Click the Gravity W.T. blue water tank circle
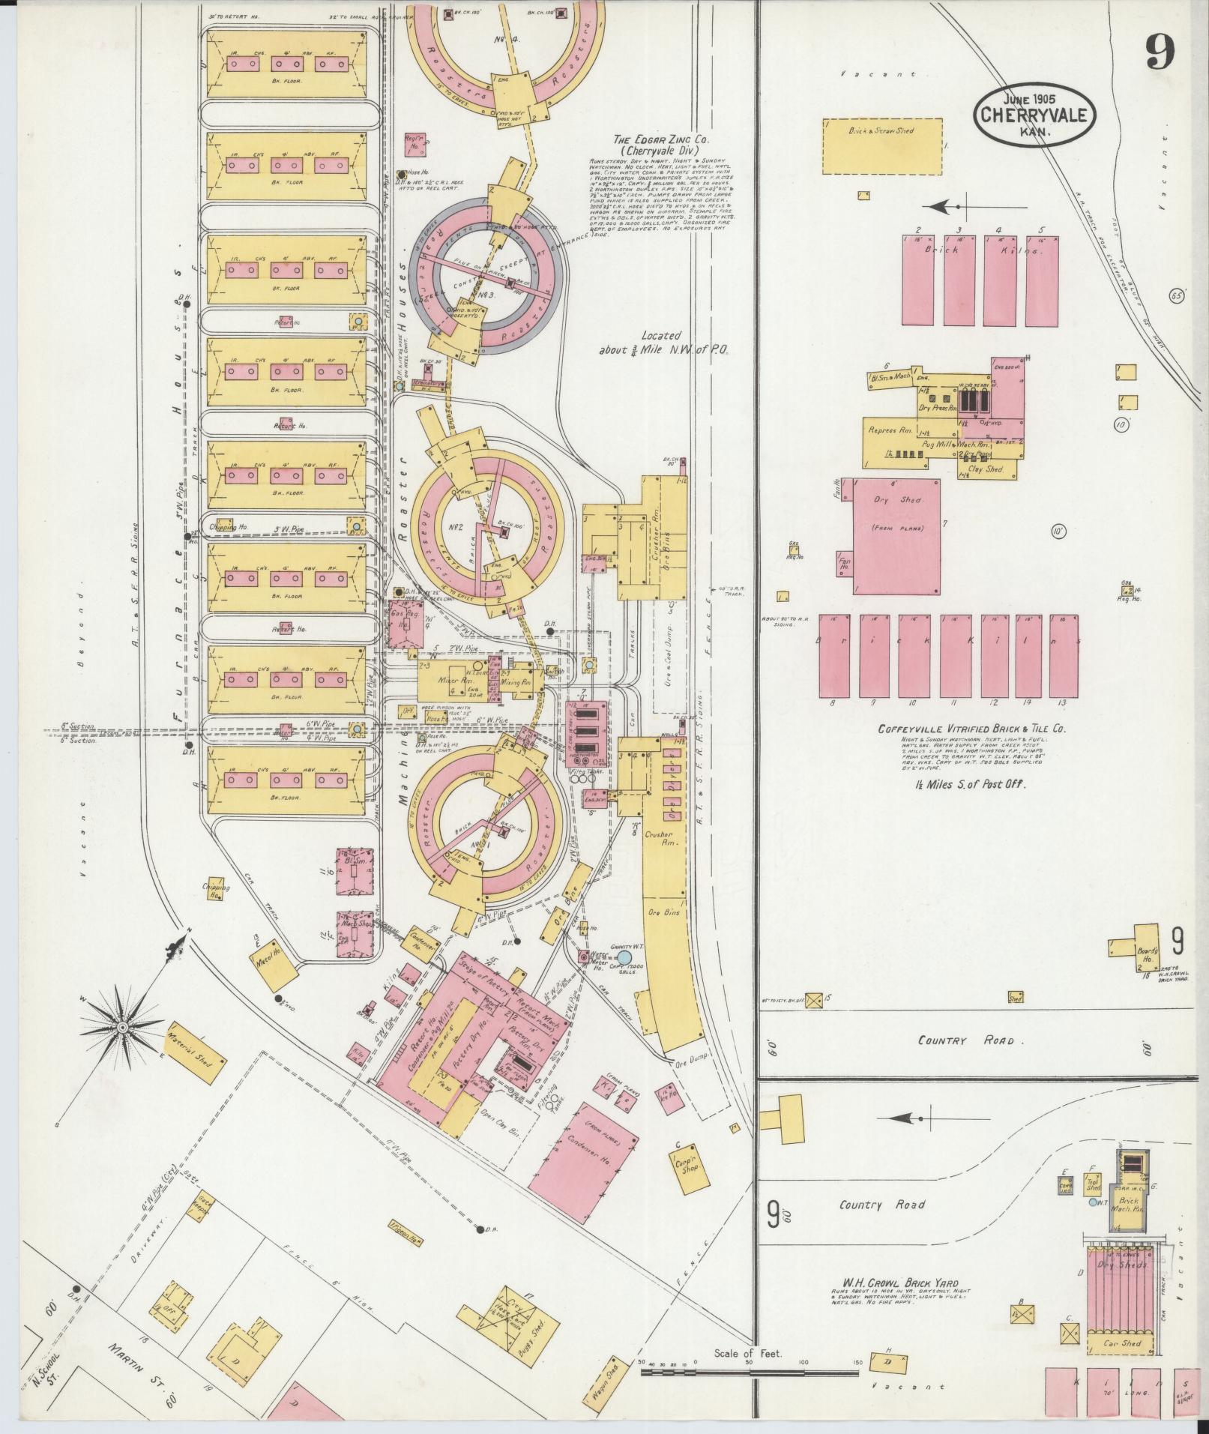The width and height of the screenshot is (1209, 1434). (x=623, y=957)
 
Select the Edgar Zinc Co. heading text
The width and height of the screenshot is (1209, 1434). (x=661, y=144)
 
